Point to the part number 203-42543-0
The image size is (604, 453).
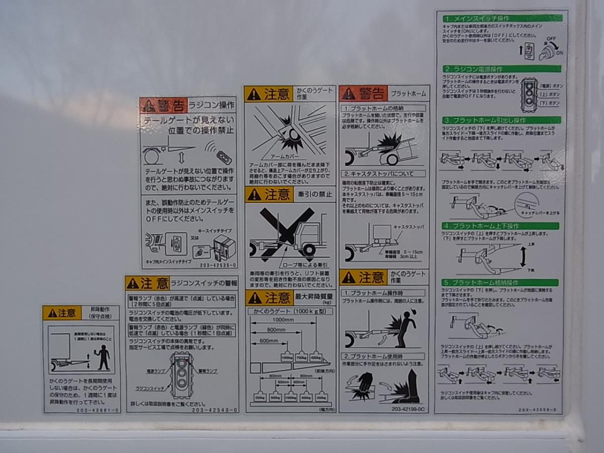pyautogui.click(x=215, y=410)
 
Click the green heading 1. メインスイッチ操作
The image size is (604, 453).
pyautogui.click(x=500, y=18)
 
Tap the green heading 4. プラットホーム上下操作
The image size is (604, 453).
pyautogui.click(x=500, y=226)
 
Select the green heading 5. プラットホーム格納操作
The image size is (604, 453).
pyautogui.click(x=500, y=282)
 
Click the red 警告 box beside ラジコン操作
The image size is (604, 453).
pyautogui.click(x=163, y=105)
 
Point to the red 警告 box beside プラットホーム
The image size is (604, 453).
pyautogui.click(x=363, y=93)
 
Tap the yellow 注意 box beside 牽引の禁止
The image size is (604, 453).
pyautogui.click(x=269, y=194)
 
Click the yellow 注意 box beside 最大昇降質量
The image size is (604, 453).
pyautogui.click(x=269, y=297)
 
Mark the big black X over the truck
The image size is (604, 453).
pyautogui.click(x=286, y=232)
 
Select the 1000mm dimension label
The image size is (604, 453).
pyautogui.click(x=283, y=320)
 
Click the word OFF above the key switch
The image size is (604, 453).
pyautogui.click(x=551, y=38)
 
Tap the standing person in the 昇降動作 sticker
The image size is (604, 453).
pyautogui.click(x=104, y=356)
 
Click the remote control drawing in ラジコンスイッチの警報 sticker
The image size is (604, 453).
pyautogui.click(x=182, y=375)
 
